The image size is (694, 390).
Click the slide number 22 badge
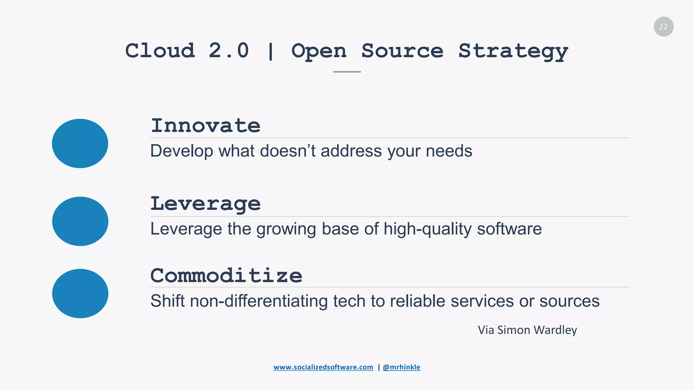click(664, 27)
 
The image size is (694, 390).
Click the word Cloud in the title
click(160, 51)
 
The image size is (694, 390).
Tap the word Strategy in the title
click(513, 51)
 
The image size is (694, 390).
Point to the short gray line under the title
click(347, 72)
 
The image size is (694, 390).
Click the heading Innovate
click(205, 126)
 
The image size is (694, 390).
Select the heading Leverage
click(205, 204)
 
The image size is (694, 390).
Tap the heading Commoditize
click(226, 276)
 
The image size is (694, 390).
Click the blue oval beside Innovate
click(80, 143)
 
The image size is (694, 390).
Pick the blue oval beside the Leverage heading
click(80, 221)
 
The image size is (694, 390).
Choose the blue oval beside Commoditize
click(80, 294)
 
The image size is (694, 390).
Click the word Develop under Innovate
click(182, 151)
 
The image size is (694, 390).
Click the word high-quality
click(427, 229)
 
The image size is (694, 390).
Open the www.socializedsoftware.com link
click(323, 367)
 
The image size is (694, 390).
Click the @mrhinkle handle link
click(401, 367)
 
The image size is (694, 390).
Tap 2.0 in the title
click(229, 51)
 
